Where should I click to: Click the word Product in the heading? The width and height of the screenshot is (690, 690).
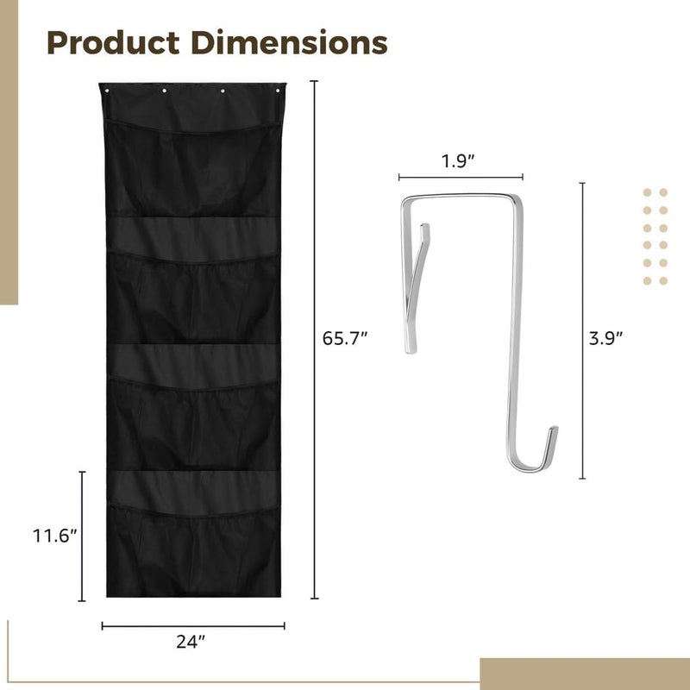[x=113, y=44]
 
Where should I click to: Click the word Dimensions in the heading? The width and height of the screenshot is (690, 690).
[x=289, y=42]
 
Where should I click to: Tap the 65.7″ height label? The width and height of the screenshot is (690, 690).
[x=344, y=338]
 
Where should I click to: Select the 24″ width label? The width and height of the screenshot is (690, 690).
[x=191, y=642]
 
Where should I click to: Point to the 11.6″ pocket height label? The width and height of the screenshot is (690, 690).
[x=54, y=536]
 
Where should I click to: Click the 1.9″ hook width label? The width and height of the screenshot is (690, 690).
[x=458, y=161]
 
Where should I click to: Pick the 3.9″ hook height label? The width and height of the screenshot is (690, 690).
[x=606, y=338]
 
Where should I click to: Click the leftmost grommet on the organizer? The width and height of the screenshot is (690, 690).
[x=107, y=91]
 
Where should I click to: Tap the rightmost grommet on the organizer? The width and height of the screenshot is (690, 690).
[x=278, y=91]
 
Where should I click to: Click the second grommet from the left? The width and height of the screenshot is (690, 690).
[x=164, y=91]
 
